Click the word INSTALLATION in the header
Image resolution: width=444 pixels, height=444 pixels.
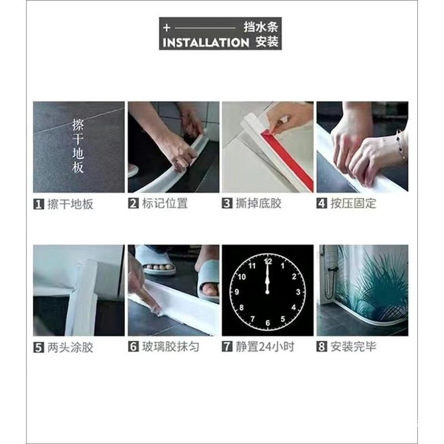pyautogui.click(x=206, y=43)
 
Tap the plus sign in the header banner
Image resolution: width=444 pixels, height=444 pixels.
pyautogui.click(x=167, y=28)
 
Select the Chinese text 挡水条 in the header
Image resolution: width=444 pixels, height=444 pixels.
pyautogui.click(x=261, y=27)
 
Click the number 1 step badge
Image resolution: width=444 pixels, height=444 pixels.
pyautogui.click(x=38, y=204)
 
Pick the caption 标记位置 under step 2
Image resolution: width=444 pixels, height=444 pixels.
pyautogui.click(x=165, y=203)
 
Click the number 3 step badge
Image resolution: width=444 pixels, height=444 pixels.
pyautogui.click(x=227, y=203)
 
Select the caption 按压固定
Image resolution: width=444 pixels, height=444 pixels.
pyautogui.click(x=353, y=203)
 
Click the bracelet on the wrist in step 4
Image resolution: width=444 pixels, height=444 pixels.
pyautogui.click(x=402, y=145)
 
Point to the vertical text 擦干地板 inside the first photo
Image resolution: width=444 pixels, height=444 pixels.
pyautogui.click(x=78, y=145)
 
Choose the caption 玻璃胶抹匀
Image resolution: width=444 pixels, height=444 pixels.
pyautogui.click(x=170, y=346)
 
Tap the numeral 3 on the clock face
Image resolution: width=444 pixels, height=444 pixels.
pyautogui.click(x=298, y=292)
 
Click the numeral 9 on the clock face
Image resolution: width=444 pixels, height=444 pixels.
pyautogui.click(x=237, y=292)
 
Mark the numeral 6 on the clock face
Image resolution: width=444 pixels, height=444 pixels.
pyautogui.click(x=268, y=323)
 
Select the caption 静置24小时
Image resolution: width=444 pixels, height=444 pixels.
pyautogui.click(x=265, y=346)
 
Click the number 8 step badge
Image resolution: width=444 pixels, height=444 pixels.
pyautogui.click(x=322, y=346)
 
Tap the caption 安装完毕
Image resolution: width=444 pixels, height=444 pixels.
pyautogui.click(x=354, y=346)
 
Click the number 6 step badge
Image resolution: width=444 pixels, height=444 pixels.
pyautogui.click(x=133, y=346)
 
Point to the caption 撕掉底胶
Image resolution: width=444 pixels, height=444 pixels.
pyautogui.click(x=259, y=203)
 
